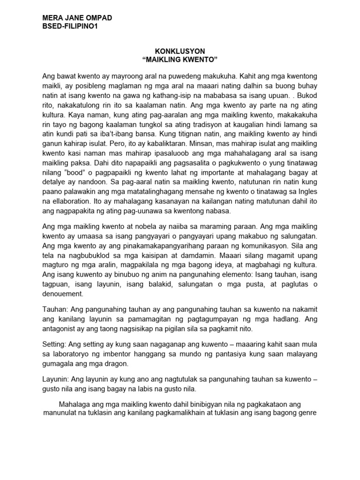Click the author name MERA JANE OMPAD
[77, 18]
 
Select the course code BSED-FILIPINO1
[70, 26]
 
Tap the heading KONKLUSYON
[180, 51]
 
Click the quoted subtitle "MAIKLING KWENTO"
[180, 59]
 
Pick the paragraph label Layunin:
[57, 380]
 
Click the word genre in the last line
[307, 413]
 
